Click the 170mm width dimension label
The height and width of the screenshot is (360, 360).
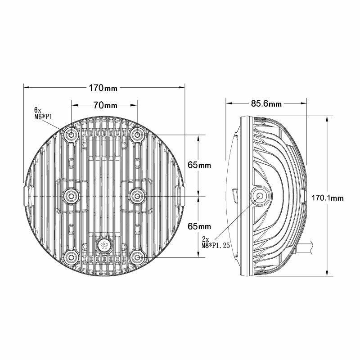coord(104,86)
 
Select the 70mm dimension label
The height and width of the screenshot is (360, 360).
coord(105,105)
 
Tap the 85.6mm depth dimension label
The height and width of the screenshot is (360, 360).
coord(266,104)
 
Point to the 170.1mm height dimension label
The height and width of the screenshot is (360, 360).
coord(328,197)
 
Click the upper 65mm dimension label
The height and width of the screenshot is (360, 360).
coord(199,165)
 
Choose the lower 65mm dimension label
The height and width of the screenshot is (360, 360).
coord(199,225)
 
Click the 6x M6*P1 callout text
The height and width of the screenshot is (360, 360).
coord(44,113)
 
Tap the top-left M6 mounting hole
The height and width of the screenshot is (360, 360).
coord(72,135)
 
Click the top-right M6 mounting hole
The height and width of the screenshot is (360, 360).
coord(137,135)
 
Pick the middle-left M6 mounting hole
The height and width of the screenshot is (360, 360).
coord(71,196)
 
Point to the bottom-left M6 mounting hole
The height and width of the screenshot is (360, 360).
coord(71,257)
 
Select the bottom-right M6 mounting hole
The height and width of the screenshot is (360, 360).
coord(137,257)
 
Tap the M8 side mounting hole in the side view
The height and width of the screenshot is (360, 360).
coord(260,196)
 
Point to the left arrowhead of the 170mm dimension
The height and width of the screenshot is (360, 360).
coord(26,86)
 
